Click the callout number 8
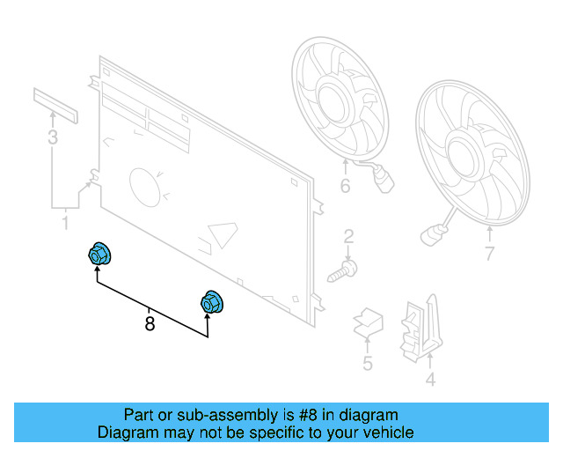click(150, 323)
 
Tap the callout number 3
click(53, 137)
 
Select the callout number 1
click(66, 223)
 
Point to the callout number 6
click(346, 186)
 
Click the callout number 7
click(490, 254)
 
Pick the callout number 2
click(348, 237)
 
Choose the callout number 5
click(368, 363)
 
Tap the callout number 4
click(430, 380)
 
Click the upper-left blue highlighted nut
click(99, 255)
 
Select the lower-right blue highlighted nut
click(212, 302)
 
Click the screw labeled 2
click(342, 272)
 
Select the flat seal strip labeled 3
click(55, 106)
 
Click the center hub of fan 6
click(332, 101)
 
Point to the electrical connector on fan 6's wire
click(384, 181)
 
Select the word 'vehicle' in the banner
click(392, 433)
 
